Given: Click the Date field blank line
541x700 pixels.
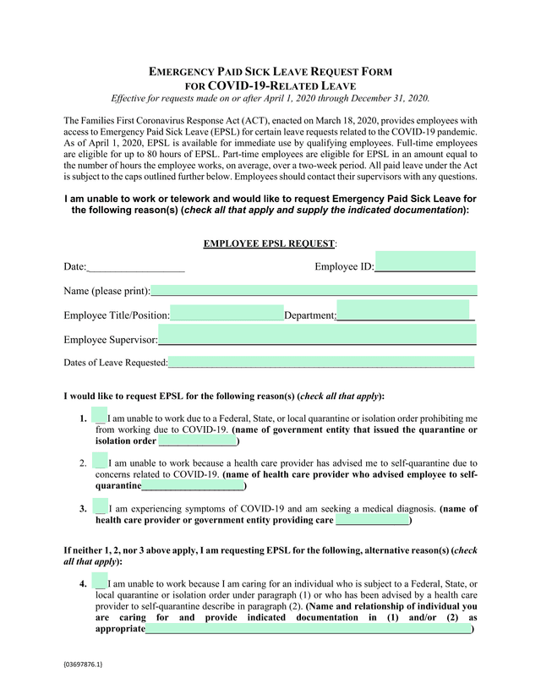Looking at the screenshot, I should point(135,267).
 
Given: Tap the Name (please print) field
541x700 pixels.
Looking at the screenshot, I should point(314,290).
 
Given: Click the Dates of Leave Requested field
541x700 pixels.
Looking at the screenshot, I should point(321,363).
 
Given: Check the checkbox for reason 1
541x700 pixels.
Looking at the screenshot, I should point(99,416).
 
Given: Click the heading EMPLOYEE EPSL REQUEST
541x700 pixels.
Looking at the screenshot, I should point(270,244).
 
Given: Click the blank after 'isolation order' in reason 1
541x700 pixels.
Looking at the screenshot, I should point(198,441).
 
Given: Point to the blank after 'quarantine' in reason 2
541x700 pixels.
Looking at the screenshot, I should point(193,486).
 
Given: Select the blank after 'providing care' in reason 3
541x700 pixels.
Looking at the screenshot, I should point(373,520).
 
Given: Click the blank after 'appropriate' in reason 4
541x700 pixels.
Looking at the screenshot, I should point(309,629).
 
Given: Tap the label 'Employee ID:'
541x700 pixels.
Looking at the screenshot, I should point(344,267).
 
